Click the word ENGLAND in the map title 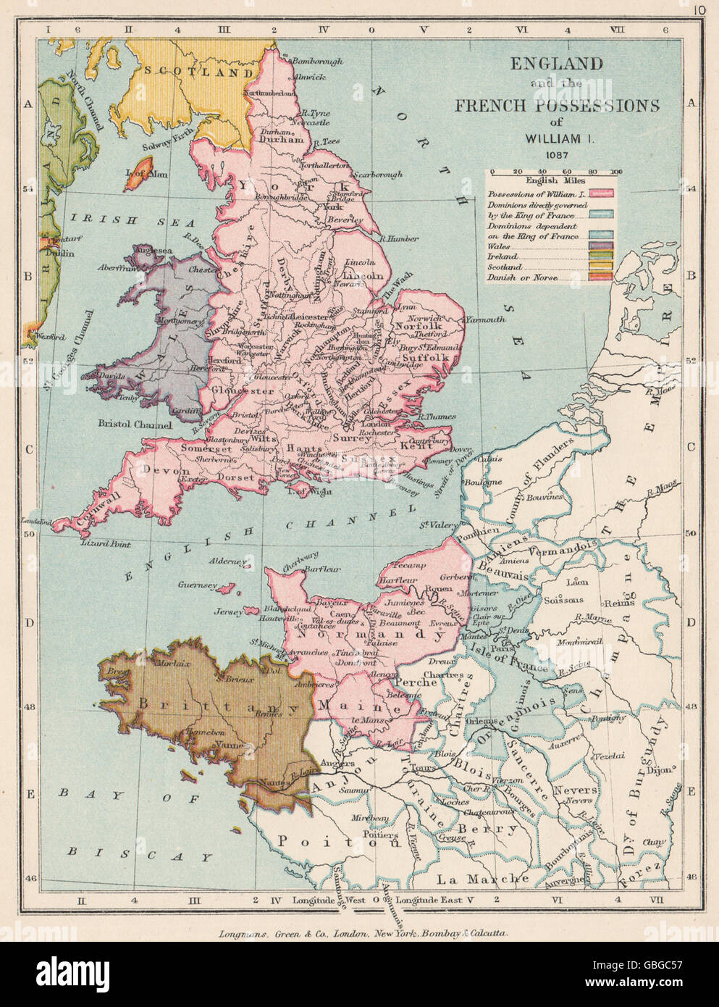557,64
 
